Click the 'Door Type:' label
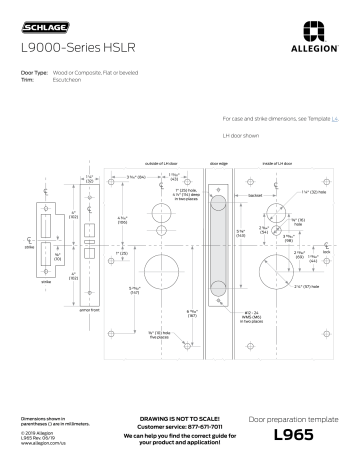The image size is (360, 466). pyautogui.click(x=34, y=73)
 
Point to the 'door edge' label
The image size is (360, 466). pyautogui.click(x=219, y=162)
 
